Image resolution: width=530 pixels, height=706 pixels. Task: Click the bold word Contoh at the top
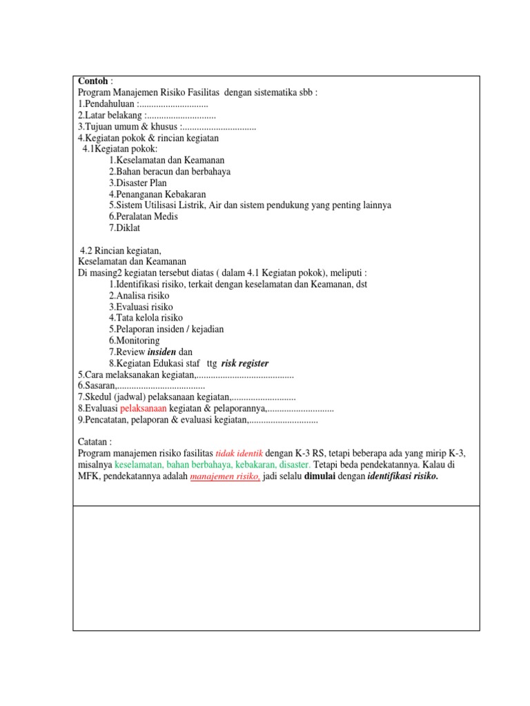93,81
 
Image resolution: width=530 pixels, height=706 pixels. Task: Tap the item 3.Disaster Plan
138,183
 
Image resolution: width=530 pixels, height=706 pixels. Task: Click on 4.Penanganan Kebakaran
157,194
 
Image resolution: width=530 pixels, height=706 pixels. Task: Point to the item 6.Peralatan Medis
144,216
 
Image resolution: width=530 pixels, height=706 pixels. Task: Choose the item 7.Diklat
124,228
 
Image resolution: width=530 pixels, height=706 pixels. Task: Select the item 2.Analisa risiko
139,295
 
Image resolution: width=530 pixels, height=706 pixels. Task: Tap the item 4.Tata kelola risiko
146,318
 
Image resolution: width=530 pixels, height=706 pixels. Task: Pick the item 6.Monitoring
134,341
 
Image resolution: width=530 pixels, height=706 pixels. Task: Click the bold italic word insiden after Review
162,352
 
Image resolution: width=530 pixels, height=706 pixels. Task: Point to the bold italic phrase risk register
245,363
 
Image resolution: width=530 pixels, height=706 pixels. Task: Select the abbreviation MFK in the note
88,476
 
